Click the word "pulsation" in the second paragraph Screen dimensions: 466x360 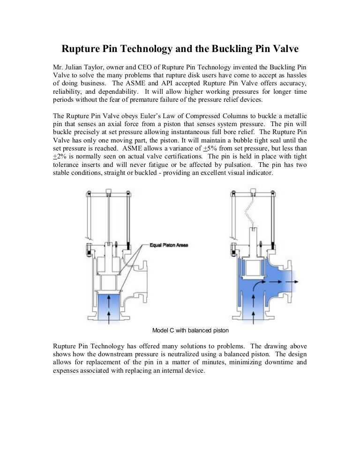click(x=239, y=165)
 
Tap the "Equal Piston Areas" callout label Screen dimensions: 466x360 click(x=169, y=245)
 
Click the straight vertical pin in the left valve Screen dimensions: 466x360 click(x=108, y=216)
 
